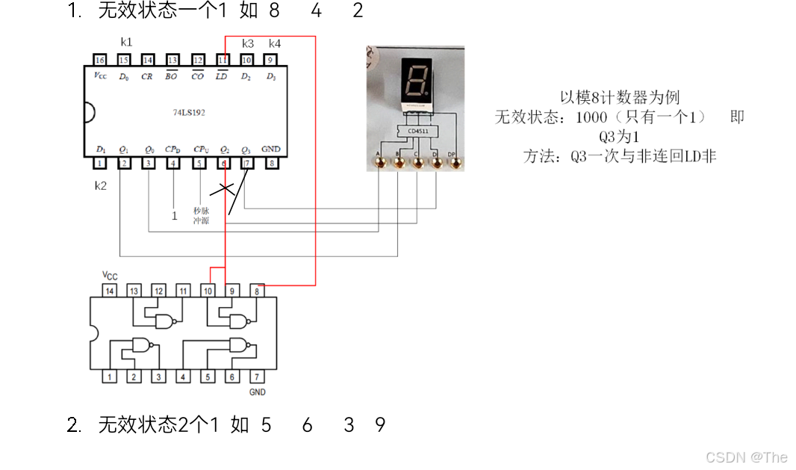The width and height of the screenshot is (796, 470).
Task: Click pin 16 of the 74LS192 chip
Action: pos(99,60)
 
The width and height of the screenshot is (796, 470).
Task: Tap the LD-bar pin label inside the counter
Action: pos(222,77)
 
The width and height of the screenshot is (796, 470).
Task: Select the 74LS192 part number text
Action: pos(189,113)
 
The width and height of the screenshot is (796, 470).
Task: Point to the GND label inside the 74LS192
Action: pos(271,149)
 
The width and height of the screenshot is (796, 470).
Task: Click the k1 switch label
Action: pos(126,43)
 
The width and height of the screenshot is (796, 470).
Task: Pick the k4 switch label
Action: pos(275,43)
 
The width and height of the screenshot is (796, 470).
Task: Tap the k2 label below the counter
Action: pos(101,185)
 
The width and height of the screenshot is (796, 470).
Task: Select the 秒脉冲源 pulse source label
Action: pos(201,215)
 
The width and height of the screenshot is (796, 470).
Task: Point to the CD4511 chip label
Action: pos(418,131)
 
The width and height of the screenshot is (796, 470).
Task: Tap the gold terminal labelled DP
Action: pos(452,160)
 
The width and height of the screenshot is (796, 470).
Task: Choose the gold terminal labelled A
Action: pos(379,160)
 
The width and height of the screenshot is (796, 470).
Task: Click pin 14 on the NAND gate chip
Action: pos(110,291)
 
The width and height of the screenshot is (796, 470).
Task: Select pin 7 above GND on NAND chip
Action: pos(256,377)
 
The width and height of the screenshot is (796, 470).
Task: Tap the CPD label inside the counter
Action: pos(173,149)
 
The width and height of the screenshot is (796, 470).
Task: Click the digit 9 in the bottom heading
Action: pos(381,425)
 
